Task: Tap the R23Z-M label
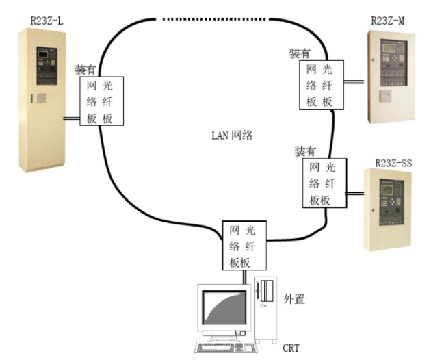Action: tap(387, 20)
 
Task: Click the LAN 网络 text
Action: tap(232, 135)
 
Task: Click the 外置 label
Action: tap(293, 298)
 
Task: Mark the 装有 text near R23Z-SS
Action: tap(305, 151)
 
